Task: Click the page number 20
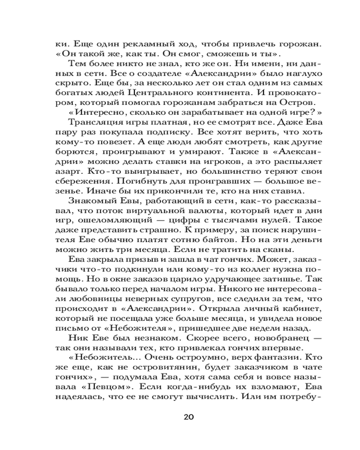click(x=189, y=416)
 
